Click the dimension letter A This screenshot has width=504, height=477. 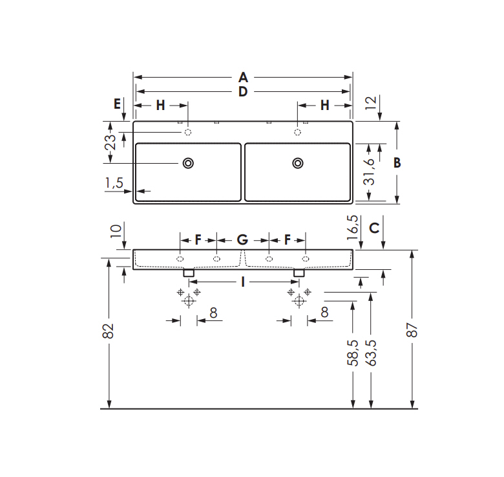244,78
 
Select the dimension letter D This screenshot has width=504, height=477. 243,92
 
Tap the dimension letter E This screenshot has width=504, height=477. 117,104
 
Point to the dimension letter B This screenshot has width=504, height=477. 397,163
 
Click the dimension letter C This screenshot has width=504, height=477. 375,228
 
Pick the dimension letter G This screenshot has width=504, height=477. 243,239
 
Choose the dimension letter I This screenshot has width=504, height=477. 243,282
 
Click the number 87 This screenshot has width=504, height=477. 412,330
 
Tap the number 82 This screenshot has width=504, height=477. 109,331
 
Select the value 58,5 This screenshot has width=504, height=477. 353,353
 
